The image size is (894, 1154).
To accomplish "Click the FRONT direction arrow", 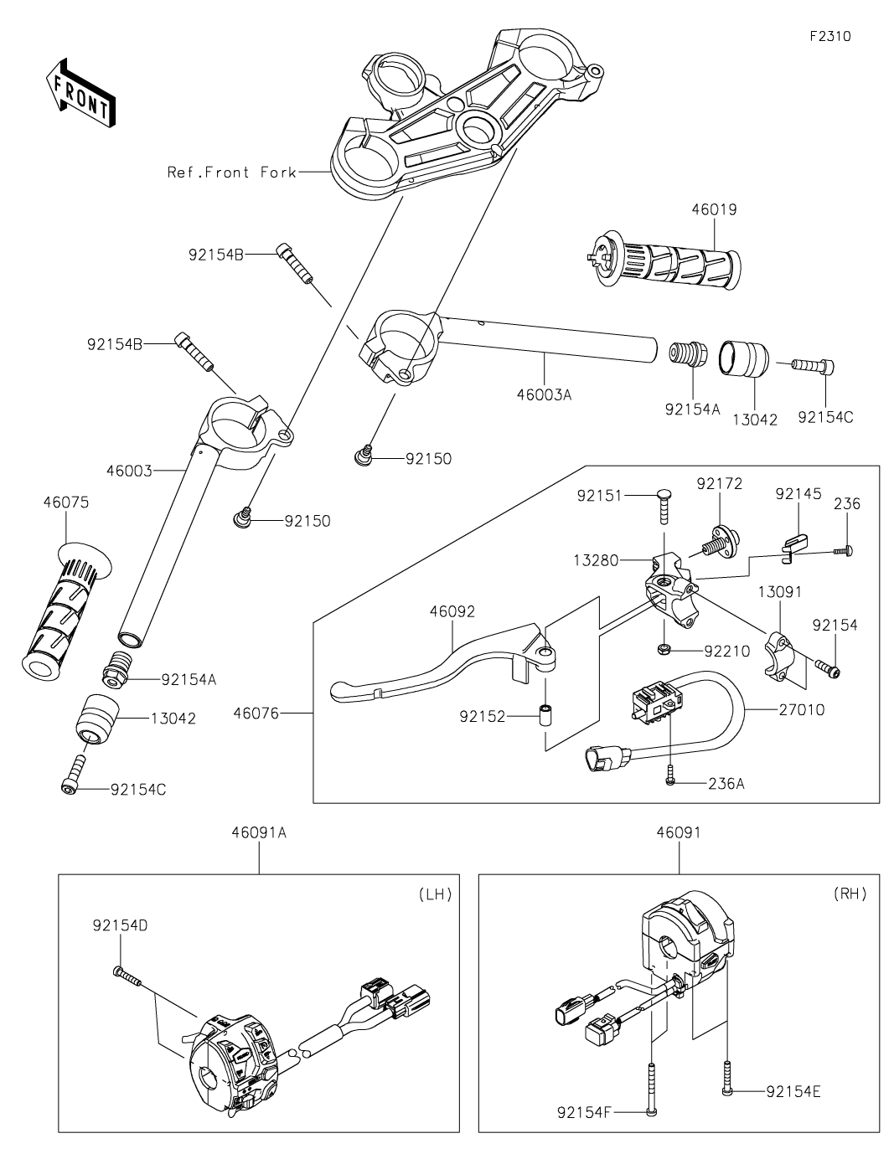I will [x=80, y=90].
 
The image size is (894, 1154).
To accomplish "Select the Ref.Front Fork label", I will [x=232, y=173].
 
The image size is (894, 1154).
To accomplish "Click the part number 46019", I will [x=714, y=209].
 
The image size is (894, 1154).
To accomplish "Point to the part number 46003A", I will [x=550, y=394].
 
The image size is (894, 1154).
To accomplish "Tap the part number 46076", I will [x=256, y=714].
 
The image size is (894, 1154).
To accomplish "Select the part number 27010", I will [x=800, y=710].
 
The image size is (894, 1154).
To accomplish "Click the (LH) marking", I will [x=435, y=894].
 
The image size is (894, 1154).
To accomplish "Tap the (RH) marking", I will [x=850, y=894].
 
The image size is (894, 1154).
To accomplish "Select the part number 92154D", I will [x=120, y=925].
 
